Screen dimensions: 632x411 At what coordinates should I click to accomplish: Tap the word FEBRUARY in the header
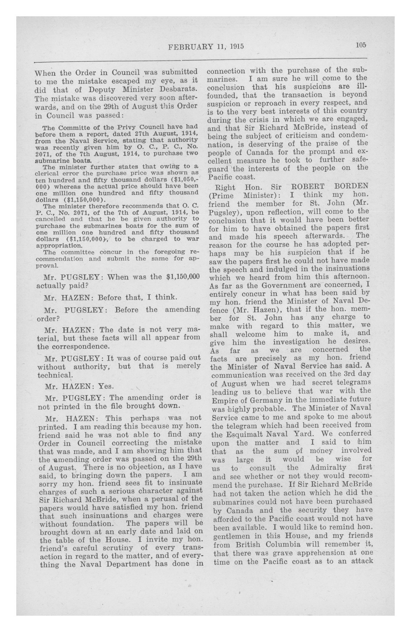point(191,47)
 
